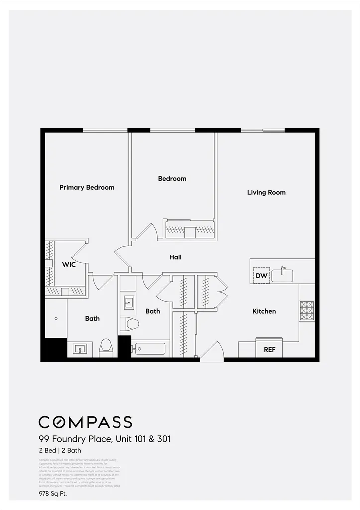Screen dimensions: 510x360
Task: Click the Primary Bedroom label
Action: coord(87,187)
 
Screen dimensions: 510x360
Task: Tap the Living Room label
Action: coord(266,192)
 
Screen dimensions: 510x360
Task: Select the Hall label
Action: coord(175,257)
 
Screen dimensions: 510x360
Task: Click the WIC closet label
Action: coord(69,264)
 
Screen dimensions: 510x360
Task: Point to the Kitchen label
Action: coord(264,311)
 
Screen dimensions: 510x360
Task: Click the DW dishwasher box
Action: coord(261,275)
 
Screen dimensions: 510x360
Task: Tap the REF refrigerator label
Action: coord(269,350)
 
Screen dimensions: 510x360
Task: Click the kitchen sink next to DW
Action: coord(282,275)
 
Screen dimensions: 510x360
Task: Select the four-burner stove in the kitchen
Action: coord(306,310)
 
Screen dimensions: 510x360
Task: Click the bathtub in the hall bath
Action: coord(149,348)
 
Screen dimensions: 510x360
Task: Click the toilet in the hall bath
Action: coord(131,324)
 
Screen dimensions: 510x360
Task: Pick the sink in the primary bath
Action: coord(80,349)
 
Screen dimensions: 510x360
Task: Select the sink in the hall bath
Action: coord(128,301)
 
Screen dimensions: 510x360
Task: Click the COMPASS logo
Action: coord(85,422)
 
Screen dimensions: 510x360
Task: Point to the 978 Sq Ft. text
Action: coord(53,494)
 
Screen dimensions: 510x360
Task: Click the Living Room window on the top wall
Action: coord(263,130)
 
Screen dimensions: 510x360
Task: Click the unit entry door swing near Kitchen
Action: coord(212,351)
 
